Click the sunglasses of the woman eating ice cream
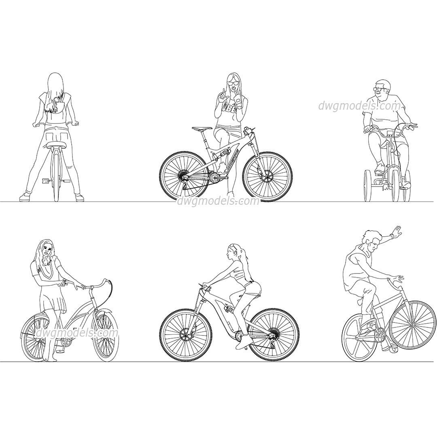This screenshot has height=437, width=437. (233, 83)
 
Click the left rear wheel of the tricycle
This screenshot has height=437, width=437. (367, 185)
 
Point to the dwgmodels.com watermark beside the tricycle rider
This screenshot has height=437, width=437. (359, 106)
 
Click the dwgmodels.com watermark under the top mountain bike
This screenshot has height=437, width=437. (218, 201)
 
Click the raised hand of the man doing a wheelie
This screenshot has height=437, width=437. (395, 232)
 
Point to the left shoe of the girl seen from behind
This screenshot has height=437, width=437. (25, 197)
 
